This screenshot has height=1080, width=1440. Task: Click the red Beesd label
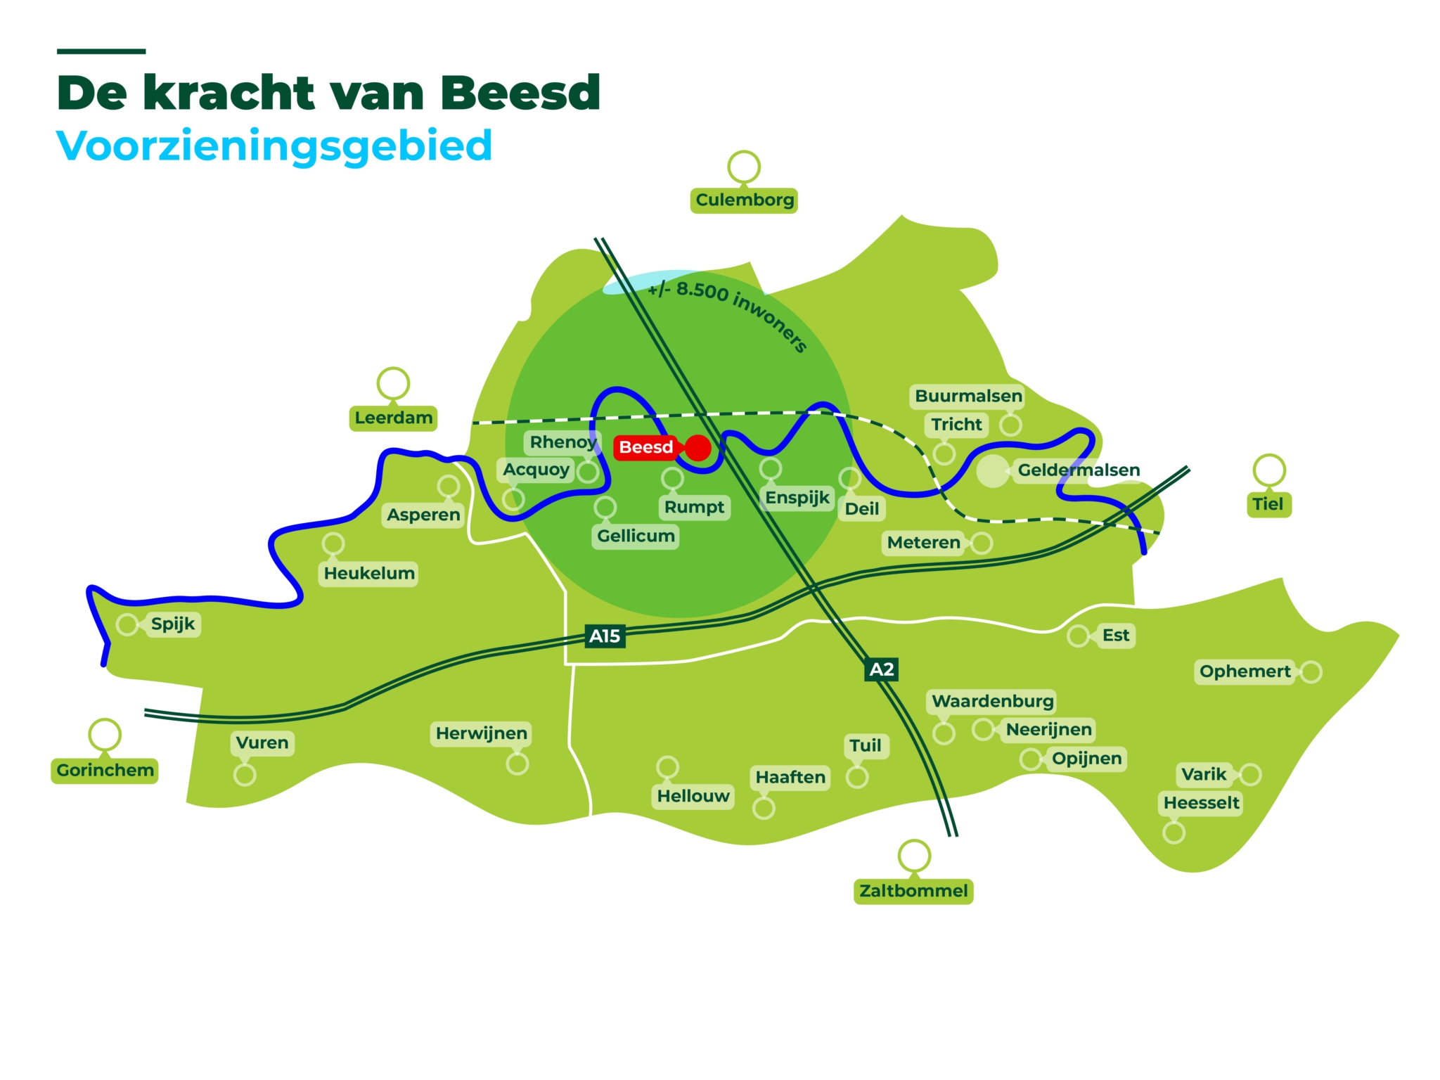pyautogui.click(x=645, y=447)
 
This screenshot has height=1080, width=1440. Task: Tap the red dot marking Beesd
pyautogui.click(x=697, y=448)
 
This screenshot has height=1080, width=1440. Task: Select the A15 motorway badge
pyautogui.click(x=605, y=636)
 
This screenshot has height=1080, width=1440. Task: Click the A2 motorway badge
pyautogui.click(x=882, y=669)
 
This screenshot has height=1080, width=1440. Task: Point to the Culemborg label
pyautogui.click(x=744, y=200)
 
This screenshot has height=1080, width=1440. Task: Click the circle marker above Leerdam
pyautogui.click(x=393, y=383)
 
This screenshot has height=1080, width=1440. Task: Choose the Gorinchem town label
pyautogui.click(x=105, y=771)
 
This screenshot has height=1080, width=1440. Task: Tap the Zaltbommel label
pyautogui.click(x=913, y=892)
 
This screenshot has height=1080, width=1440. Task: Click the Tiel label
pyautogui.click(x=1268, y=504)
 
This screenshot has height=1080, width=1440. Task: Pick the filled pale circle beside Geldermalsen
pyautogui.click(x=992, y=471)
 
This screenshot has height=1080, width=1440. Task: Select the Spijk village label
pyautogui.click(x=173, y=624)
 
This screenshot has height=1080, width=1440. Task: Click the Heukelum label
pyautogui.click(x=369, y=574)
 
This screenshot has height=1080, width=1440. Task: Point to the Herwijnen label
pyautogui.click(x=481, y=734)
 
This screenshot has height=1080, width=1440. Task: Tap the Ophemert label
pyautogui.click(x=1245, y=672)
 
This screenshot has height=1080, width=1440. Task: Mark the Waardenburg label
pyautogui.click(x=992, y=702)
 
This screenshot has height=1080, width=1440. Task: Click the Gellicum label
pyautogui.click(x=636, y=536)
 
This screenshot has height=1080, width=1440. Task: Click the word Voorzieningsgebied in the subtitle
pyautogui.click(x=274, y=146)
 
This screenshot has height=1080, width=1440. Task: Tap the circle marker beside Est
pyautogui.click(x=1077, y=636)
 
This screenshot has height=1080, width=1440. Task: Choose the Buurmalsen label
pyautogui.click(x=968, y=397)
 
